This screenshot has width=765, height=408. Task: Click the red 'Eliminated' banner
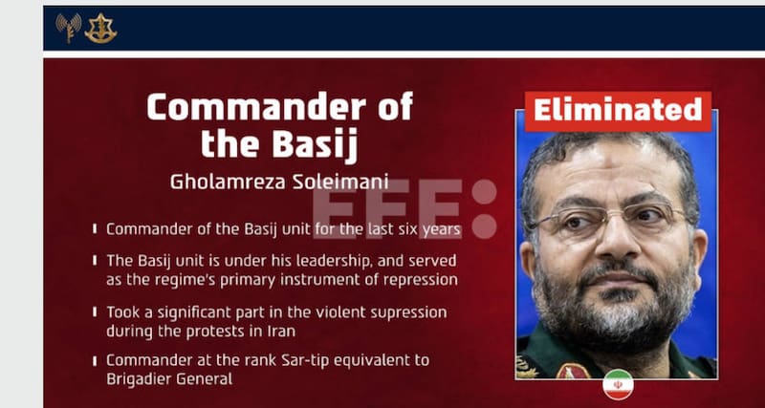point(617,111)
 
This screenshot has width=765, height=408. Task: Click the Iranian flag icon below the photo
point(618,384)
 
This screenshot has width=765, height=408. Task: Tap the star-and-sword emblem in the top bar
point(99,28)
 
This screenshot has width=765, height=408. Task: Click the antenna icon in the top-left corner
point(68,28)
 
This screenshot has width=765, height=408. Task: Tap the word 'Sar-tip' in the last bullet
point(322,360)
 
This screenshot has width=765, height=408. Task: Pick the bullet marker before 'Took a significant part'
point(95,312)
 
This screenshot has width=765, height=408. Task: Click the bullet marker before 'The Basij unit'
point(95,261)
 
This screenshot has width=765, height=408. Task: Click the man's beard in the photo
point(612,306)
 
